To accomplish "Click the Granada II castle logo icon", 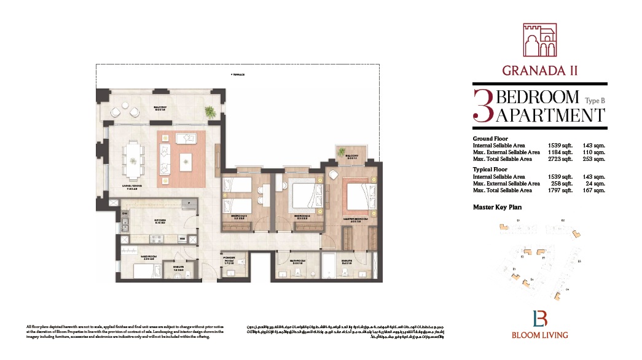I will click(539, 41).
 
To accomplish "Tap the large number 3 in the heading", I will click(483, 106).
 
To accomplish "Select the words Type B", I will click(595, 100).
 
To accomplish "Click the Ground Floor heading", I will click(490, 139).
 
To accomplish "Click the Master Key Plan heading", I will click(497, 207).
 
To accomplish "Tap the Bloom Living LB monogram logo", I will click(539, 319).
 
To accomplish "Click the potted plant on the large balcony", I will click(209, 111).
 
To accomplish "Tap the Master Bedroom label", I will click(356, 219).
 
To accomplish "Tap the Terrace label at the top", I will click(238, 74).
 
